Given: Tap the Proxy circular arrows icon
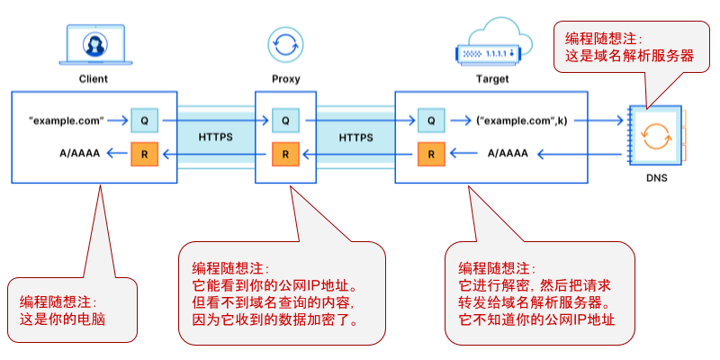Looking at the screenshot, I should point(285,43).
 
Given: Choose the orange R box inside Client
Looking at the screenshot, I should point(144,154).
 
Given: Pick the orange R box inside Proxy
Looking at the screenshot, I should point(285,154).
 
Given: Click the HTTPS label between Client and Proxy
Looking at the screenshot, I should point(216,138).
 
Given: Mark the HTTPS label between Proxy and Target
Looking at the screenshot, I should point(357,138).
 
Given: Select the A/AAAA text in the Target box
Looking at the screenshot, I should point(508,154).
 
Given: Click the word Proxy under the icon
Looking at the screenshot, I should point(285,79).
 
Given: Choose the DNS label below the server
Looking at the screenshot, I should point(656,178).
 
